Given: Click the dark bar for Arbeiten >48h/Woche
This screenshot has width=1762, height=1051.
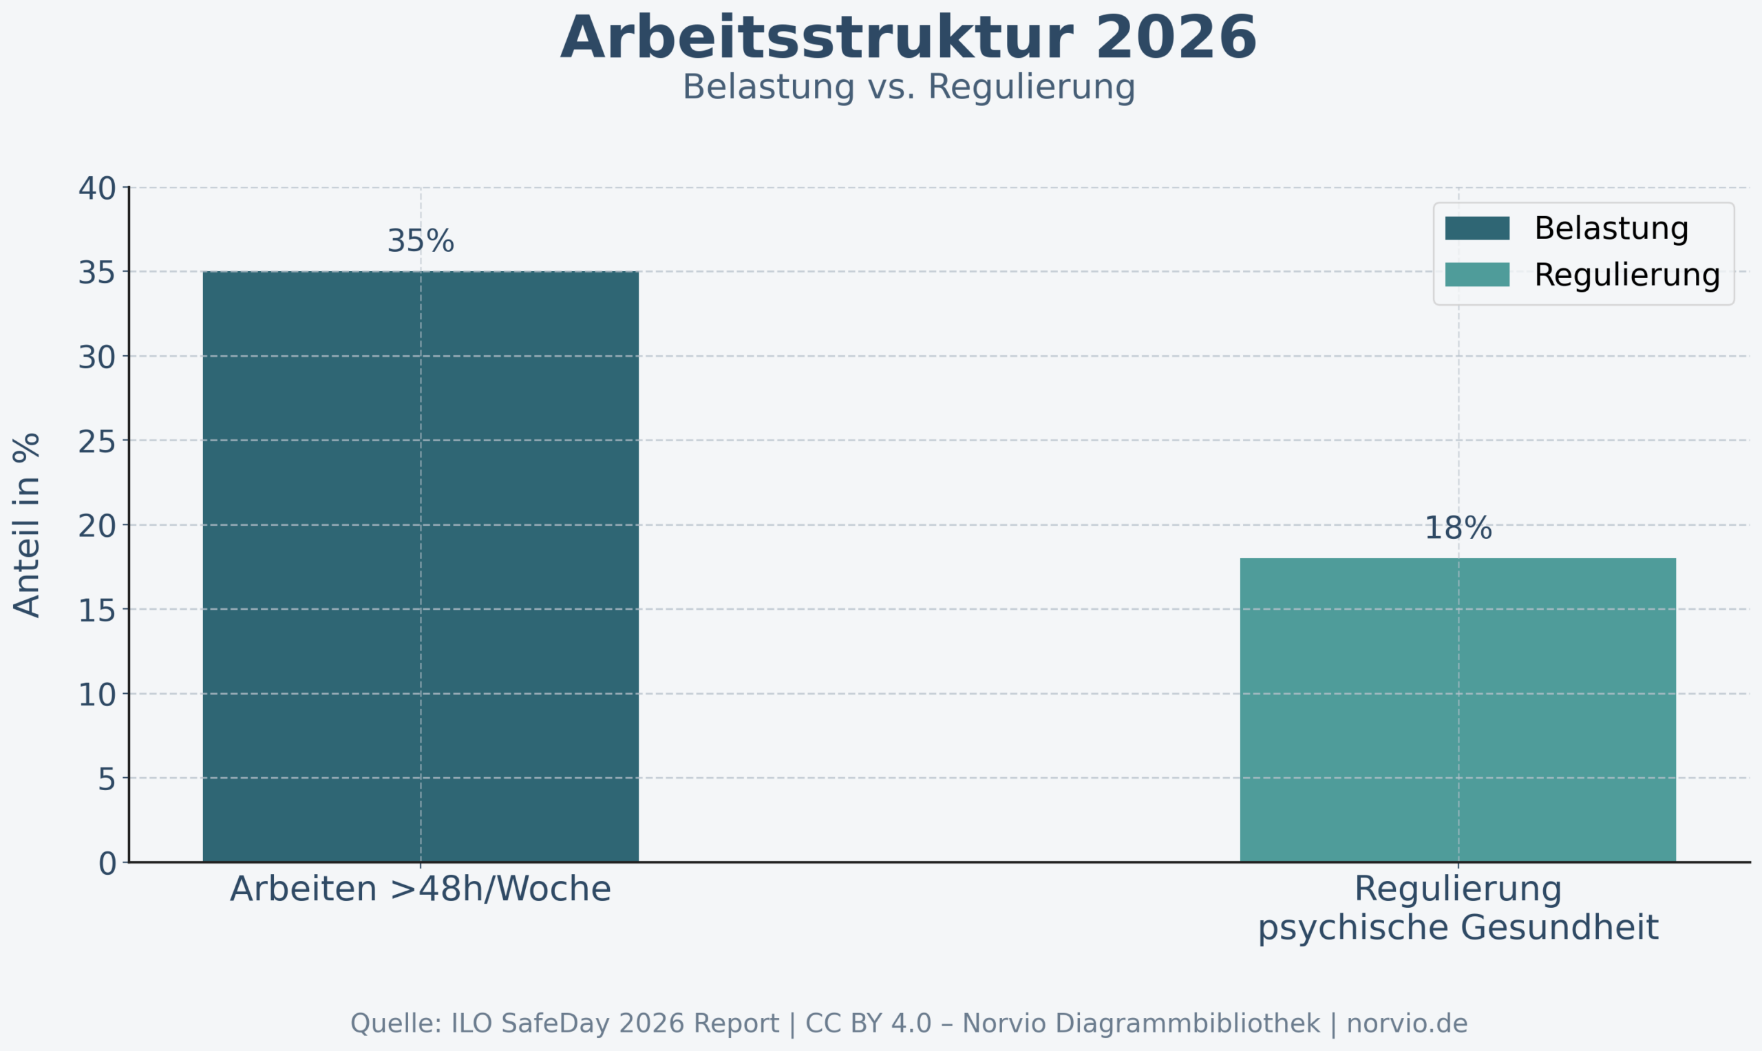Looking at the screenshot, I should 420,566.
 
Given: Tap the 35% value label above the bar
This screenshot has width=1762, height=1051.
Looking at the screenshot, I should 420,242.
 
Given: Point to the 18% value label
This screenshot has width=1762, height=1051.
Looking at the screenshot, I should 1458,529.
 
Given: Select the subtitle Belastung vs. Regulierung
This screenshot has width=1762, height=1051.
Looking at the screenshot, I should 908,88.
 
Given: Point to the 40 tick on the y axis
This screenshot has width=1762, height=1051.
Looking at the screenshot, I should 97,189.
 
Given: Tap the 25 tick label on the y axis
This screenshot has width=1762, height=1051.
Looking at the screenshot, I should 97,443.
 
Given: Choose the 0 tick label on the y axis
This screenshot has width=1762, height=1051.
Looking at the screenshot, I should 107,864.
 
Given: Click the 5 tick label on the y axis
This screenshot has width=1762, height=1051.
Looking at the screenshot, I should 106,780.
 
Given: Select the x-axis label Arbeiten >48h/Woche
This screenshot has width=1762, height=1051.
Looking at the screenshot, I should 420,889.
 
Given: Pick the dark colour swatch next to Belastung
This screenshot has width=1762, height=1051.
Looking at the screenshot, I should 1476,228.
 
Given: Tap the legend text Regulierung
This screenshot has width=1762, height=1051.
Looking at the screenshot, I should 1626,275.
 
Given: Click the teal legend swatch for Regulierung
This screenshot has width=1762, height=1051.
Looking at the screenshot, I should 1476,275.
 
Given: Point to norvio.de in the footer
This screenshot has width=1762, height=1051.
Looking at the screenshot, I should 1406,1023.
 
